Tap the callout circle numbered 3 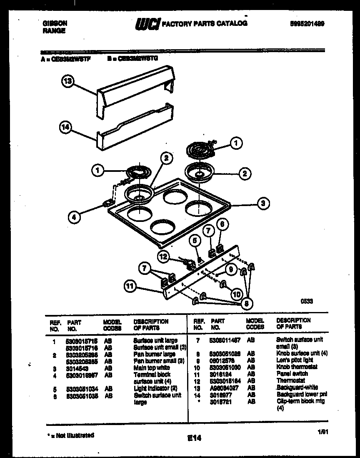[x=262, y=204]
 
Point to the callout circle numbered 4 [x=74, y=216]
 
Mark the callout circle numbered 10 [x=236, y=294]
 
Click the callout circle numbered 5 [x=194, y=240]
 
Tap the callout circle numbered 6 [x=222, y=224]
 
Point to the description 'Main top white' [x=151, y=368]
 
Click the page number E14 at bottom [x=194, y=438]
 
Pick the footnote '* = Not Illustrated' [x=70, y=435]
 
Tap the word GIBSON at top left [x=55, y=24]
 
